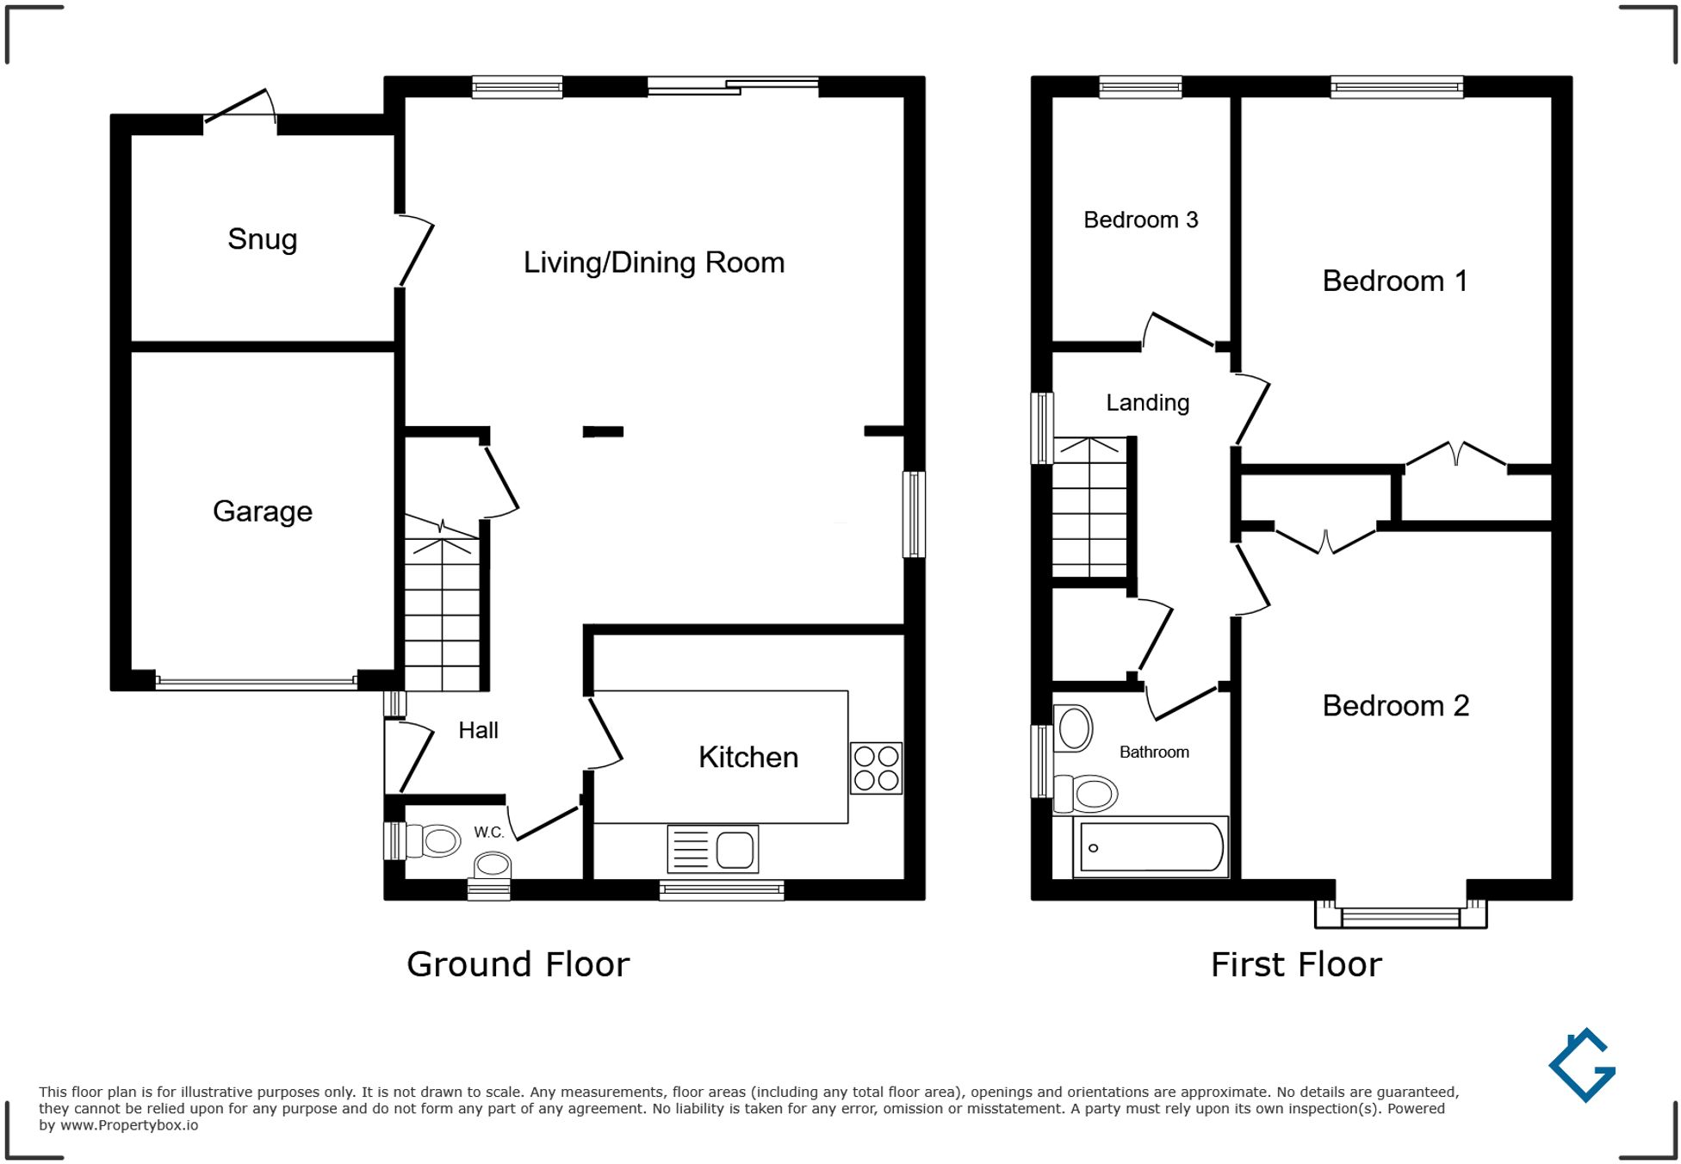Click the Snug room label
coord(262,239)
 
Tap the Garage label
coord(262,511)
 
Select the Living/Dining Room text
coord(654,263)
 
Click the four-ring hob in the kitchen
coord(876,768)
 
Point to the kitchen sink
coord(713,849)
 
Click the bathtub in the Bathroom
coord(1151,847)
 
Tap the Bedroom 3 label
coord(1140,220)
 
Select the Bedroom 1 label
coord(1394,282)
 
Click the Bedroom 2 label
coord(1395,706)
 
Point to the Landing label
coord(1147,403)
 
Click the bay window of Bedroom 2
coord(1400,916)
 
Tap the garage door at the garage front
coord(256,683)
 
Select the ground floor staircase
coord(442,611)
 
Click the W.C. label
coord(488,833)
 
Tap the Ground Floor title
coord(518,965)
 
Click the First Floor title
coord(1296,965)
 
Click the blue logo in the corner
coord(1582,1066)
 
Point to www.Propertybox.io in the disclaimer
coord(128,1125)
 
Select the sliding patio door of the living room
coord(733,85)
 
